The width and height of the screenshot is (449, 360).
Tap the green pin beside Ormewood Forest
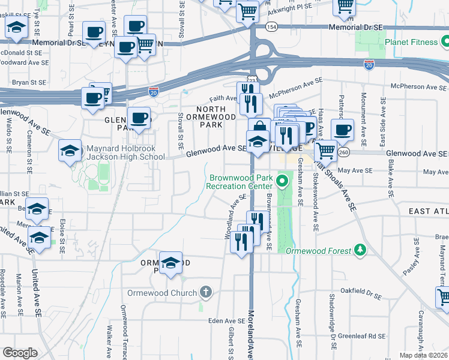click(x=360, y=249)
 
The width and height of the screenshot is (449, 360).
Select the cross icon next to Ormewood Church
click(x=206, y=292)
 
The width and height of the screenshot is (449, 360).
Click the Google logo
click(x=20, y=353)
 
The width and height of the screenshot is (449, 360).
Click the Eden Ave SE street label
click(x=226, y=321)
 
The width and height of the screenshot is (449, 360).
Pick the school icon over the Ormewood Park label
click(x=170, y=262)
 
